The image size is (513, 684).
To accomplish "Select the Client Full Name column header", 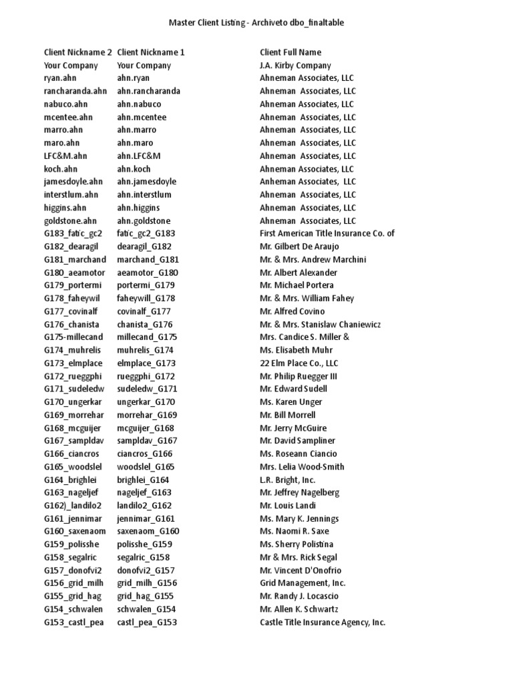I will coord(290,52).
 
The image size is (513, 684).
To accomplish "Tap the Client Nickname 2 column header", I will coord(78,52).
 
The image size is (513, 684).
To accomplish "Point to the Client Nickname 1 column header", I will coord(151,52).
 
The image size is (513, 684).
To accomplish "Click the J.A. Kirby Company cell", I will coord(295,65).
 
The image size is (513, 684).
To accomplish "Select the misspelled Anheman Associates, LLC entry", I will coord(307,182).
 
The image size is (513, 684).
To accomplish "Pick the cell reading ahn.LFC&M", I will coord(139,156).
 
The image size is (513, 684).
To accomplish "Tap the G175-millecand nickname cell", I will coord(73,337).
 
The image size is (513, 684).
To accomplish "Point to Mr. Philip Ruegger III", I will coord(299,376).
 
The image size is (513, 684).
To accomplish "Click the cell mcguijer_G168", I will coord(145,428).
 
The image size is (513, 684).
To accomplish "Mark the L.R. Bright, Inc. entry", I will coord(287,480).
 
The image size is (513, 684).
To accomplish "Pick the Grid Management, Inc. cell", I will coord(303,583).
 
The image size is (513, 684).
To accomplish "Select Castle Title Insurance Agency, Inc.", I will coord(322,623).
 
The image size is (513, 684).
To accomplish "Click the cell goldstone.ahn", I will coord(70,220).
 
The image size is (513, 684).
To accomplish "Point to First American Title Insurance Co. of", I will coord(327,234).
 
